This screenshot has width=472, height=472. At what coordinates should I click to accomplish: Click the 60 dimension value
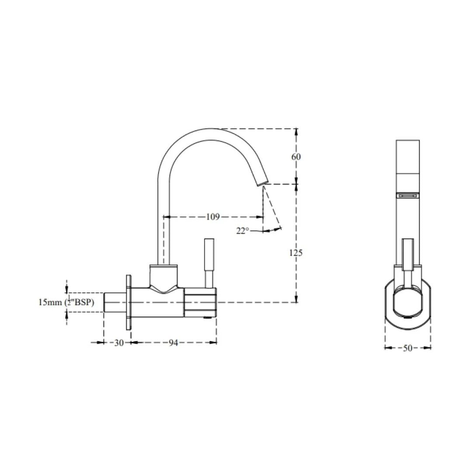296,156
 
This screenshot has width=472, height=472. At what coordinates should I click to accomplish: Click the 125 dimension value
295,253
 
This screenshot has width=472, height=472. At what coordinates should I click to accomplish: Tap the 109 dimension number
213,216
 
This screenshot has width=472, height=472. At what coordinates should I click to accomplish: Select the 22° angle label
243,231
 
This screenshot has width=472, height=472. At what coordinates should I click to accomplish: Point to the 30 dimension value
119,343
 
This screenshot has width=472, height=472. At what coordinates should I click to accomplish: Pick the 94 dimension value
173,343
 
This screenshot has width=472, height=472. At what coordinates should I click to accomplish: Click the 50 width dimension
407,348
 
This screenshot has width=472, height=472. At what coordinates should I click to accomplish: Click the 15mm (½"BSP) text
66,302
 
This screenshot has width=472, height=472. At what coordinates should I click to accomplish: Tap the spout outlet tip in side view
263,182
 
